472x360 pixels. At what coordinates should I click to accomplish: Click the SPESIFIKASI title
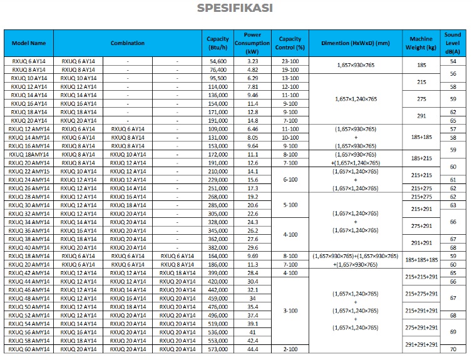coord(235,8)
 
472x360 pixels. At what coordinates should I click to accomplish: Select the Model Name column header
coord(29,43)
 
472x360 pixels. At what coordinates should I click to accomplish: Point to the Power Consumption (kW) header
coord(252,43)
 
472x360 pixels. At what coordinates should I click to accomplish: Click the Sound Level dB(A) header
coord(453,43)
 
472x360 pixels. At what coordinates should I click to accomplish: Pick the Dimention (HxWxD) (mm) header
coord(355,43)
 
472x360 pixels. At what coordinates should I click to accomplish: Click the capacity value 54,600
coord(218,61)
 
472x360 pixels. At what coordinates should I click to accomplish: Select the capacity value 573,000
coord(217,349)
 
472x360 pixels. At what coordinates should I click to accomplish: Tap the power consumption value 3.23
coord(252,61)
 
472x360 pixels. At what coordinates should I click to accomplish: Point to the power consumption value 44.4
coord(252,349)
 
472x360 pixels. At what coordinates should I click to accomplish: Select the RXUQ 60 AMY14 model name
coord(29,349)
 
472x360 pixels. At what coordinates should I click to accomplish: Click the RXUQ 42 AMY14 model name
coord(29,273)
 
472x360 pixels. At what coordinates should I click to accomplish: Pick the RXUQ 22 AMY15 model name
coord(29,171)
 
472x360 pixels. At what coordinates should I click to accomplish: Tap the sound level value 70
coord(453,349)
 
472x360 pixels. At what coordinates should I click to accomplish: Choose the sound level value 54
coord(453,61)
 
